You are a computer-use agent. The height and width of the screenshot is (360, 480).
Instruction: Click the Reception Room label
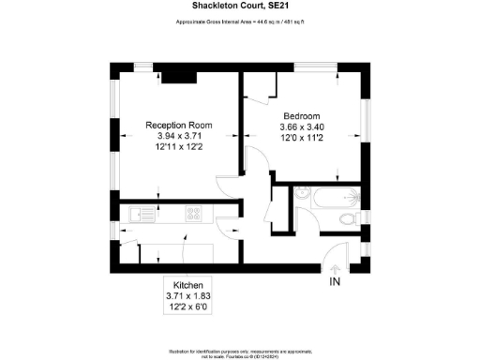tap(178, 125)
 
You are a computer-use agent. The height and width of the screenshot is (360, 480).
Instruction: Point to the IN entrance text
tap(336, 280)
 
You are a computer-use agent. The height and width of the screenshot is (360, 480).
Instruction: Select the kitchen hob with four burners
tap(195, 215)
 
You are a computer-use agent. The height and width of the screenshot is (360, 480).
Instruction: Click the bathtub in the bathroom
tap(334, 198)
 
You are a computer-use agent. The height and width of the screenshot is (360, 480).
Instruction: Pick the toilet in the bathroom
tap(350, 218)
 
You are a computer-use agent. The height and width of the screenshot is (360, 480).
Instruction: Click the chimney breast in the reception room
tap(174, 75)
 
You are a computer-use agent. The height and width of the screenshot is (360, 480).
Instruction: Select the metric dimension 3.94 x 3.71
tap(178, 136)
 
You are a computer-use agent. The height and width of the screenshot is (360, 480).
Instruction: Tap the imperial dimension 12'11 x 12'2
tap(178, 147)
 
